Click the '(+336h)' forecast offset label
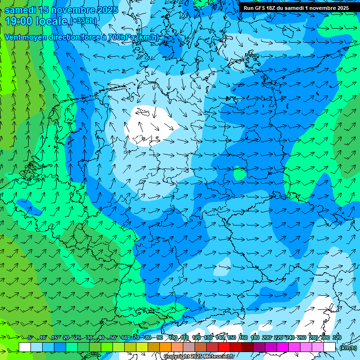point(83,21)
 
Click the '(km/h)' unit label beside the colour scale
point(347,348)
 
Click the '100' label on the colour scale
point(173,338)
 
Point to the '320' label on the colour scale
point(337,338)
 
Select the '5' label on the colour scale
point(30,338)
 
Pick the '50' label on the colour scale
point(113,338)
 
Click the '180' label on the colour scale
point(255,338)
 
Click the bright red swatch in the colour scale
point(224,347)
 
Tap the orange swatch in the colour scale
point(165,347)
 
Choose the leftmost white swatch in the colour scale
point(25,347)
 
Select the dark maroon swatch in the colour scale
point(247,347)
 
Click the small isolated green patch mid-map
point(240,174)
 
